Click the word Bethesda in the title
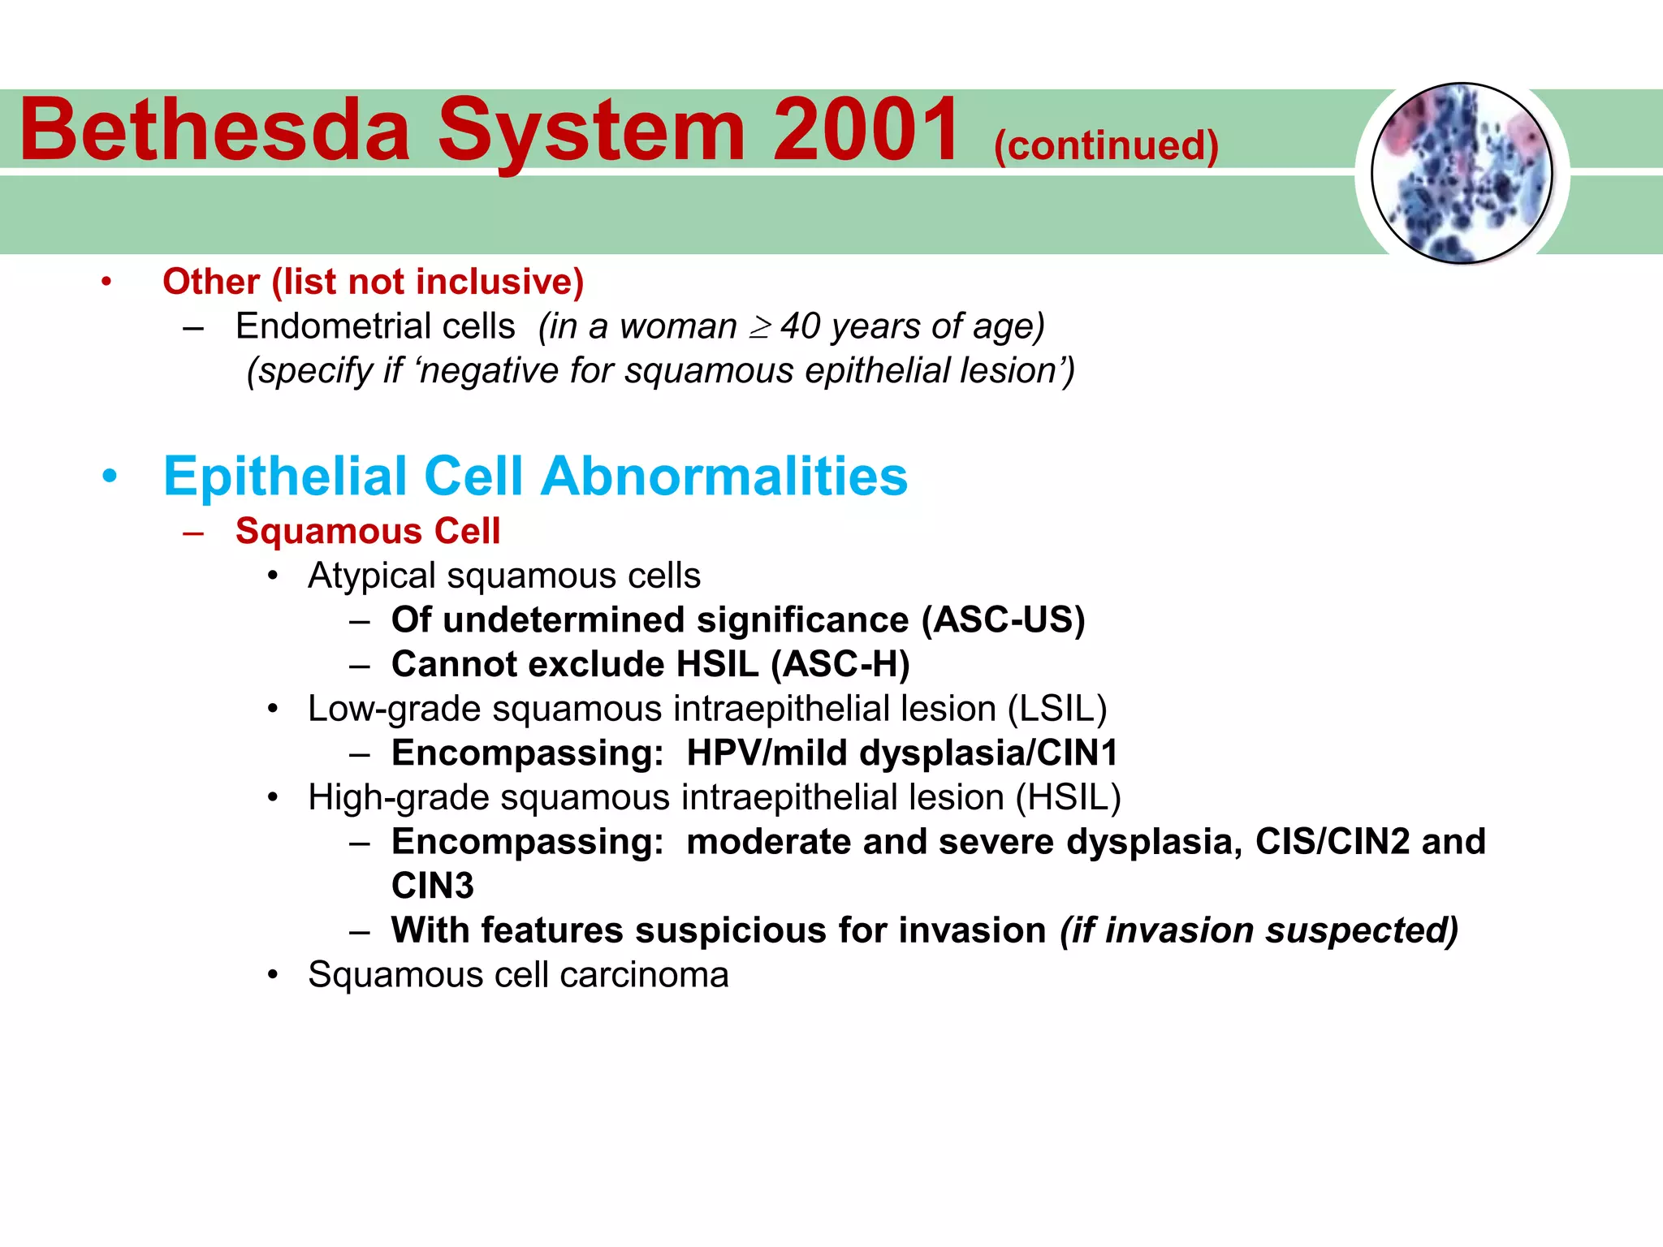pos(215,130)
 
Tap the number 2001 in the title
pos(866,130)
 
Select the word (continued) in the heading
pos(1106,146)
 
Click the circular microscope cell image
pos(1462,174)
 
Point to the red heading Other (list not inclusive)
pos(373,282)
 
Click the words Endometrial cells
pos(375,326)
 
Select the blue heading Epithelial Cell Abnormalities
pos(535,476)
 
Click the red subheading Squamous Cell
pos(368,531)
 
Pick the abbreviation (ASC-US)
pos(1003,620)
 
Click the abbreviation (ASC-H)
pos(840,665)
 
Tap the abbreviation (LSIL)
pos(1057,709)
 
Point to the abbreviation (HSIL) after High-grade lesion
pos(1069,797)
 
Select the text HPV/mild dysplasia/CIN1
pos(902,753)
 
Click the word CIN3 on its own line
pos(432,886)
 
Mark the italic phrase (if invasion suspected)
pos(1259,930)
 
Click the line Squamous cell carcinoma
pos(518,975)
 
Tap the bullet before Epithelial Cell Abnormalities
pos(110,477)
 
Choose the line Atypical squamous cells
pos(503,576)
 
